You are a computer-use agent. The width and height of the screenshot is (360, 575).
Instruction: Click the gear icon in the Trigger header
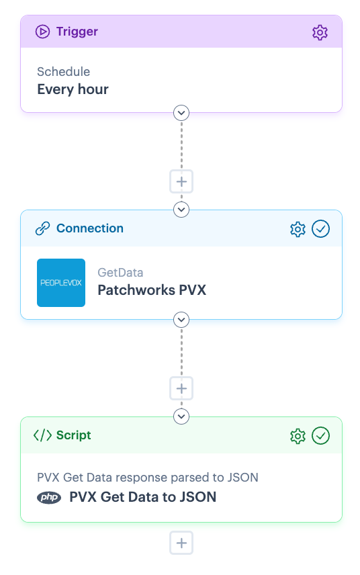click(x=320, y=32)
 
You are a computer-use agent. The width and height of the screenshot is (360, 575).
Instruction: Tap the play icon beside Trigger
click(x=42, y=32)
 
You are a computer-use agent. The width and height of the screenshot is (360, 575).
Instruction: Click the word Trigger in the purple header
click(x=77, y=32)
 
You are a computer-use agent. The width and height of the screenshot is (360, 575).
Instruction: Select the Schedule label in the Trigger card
click(x=63, y=71)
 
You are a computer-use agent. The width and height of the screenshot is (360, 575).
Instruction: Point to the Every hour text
click(x=73, y=89)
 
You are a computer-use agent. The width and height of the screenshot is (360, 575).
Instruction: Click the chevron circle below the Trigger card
click(x=181, y=113)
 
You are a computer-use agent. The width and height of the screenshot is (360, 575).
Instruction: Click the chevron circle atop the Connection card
click(x=181, y=210)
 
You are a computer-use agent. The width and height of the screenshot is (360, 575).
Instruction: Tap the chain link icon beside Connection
click(x=42, y=228)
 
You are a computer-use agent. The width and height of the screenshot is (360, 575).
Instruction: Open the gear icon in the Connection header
click(x=298, y=229)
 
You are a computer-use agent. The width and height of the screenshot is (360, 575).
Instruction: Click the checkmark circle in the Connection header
click(x=321, y=229)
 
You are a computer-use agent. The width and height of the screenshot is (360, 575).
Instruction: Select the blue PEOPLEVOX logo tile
click(x=61, y=283)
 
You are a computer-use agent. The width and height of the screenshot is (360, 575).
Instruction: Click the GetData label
click(x=120, y=273)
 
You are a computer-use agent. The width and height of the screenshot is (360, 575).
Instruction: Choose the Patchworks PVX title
click(x=152, y=290)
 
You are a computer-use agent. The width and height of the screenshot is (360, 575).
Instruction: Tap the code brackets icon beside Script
click(x=42, y=435)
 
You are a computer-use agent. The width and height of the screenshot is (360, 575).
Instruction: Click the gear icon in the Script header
click(x=298, y=436)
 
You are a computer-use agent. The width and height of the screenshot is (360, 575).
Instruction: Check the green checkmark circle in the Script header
click(x=321, y=436)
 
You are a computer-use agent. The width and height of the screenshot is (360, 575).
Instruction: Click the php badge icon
click(x=49, y=497)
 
